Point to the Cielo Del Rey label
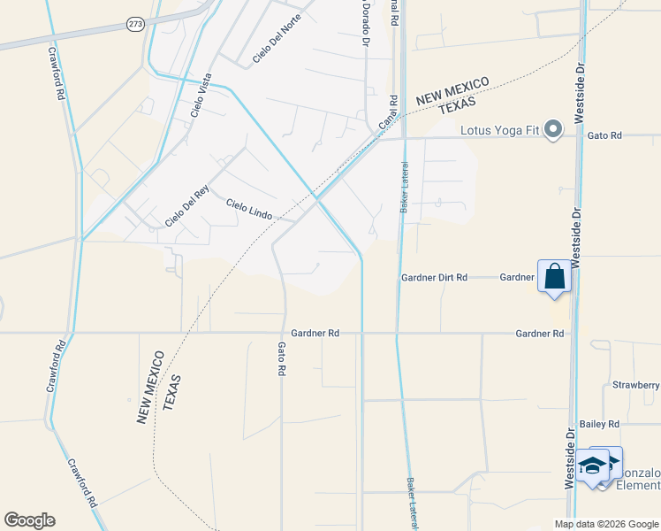(186, 209)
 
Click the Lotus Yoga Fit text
(500, 130)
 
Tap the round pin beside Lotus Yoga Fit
(553, 130)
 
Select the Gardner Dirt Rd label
(433, 277)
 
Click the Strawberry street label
(635, 385)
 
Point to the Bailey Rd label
(599, 424)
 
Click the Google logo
(29, 520)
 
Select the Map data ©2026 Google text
(606, 524)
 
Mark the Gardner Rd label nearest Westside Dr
(540, 334)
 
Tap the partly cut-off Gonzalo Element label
(636, 479)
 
